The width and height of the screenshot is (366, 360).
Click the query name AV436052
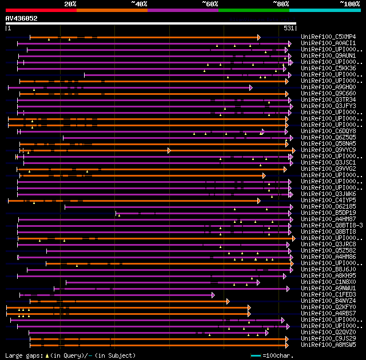click(x=21, y=18)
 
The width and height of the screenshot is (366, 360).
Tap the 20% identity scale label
click(x=70, y=3)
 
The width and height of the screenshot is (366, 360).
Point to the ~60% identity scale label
click(x=210, y=3)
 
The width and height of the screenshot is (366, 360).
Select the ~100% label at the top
click(x=349, y=3)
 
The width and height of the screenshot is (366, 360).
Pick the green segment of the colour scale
click(x=253, y=10)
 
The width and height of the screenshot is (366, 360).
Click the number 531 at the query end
click(x=289, y=27)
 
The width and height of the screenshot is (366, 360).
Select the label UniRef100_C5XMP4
click(x=329, y=37)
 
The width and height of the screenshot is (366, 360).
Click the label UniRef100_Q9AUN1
click(x=329, y=56)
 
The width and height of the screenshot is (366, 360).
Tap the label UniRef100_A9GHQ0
click(x=329, y=87)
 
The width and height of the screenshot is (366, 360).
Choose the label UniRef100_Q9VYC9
click(x=329, y=150)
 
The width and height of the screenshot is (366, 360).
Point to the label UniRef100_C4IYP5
click(x=329, y=201)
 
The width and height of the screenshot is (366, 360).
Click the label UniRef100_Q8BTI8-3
click(x=332, y=226)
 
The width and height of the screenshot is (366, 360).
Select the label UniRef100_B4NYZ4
click(x=329, y=301)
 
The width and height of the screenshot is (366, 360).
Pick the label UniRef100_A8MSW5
click(x=329, y=345)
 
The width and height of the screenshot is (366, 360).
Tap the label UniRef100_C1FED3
click(x=329, y=295)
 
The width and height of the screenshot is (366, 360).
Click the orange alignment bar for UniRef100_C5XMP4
click(x=143, y=37)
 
